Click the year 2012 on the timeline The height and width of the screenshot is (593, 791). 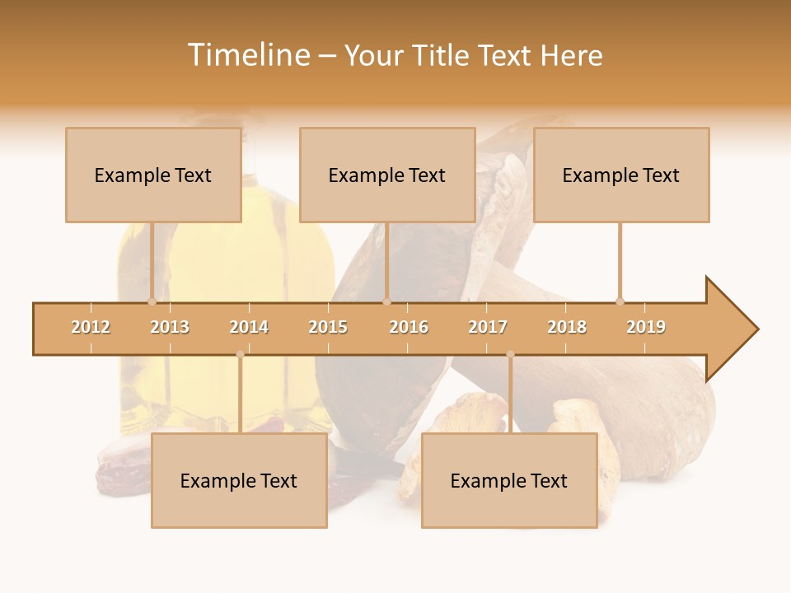91,327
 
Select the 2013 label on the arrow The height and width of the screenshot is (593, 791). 170,327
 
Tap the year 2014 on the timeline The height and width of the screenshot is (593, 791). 249,327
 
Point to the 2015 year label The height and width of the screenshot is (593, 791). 328,327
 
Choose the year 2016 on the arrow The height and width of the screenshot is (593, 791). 409,327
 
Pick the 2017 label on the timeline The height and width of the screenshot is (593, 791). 488,327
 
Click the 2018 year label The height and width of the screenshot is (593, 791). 567,327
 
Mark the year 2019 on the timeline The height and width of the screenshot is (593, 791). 646,327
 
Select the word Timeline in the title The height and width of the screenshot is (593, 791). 248,55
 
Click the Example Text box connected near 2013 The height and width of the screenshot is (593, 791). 153,175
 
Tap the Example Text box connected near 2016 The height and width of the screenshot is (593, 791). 387,175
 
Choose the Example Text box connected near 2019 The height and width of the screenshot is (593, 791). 621,175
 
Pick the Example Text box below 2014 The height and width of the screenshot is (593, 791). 239,480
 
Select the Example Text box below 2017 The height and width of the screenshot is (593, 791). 509,480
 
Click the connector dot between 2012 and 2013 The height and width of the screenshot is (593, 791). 152,301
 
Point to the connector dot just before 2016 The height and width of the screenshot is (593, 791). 386,301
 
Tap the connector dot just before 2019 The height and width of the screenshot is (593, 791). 620,301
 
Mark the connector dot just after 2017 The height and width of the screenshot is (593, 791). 510,354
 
